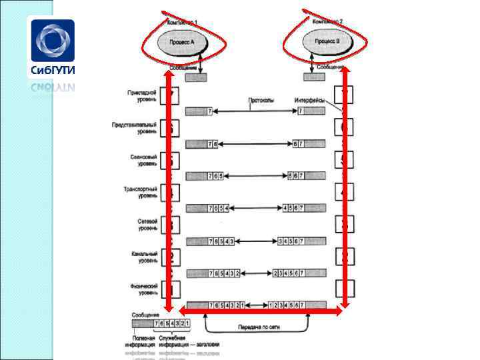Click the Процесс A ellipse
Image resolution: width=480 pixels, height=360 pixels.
click(183, 42)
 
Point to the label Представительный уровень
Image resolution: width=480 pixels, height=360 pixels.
click(138, 129)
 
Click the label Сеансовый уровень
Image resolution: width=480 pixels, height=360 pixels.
click(143, 161)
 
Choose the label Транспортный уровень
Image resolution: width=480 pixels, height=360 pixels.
click(140, 193)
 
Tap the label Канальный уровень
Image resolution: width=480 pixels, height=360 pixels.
click(143, 257)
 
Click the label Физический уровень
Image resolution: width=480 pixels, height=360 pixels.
click(143, 289)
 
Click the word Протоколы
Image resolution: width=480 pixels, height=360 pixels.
click(261, 100)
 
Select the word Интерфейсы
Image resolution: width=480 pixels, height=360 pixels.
click(309, 100)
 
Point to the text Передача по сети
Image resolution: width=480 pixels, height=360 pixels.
click(257, 327)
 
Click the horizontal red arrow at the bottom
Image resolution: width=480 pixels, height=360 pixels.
click(261, 311)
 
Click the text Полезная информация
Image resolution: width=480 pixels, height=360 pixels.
click(140, 342)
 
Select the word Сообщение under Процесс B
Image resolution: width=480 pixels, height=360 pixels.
click(331, 67)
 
